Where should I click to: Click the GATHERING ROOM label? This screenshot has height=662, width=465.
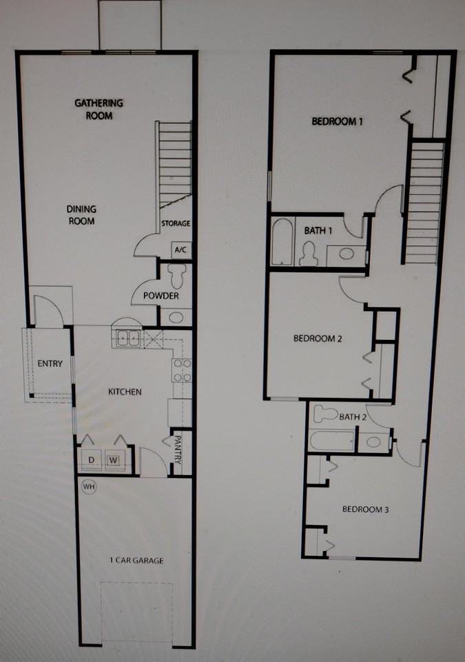[99, 109]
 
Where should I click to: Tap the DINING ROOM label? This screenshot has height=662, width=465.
[81, 215]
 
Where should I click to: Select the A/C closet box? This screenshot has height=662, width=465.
[180, 249]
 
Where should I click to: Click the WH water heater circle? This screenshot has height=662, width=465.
[88, 486]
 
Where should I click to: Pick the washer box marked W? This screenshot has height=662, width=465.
[113, 459]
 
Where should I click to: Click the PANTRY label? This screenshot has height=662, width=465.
[177, 448]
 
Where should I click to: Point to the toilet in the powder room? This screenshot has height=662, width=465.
[176, 276]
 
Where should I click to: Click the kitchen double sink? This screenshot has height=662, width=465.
[128, 338]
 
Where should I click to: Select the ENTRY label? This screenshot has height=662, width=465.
[50, 363]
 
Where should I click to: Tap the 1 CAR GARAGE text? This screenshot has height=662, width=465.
[136, 560]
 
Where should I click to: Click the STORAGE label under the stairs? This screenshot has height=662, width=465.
[176, 223]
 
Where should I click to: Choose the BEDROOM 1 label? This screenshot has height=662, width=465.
[337, 121]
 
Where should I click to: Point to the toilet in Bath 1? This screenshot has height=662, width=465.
[309, 254]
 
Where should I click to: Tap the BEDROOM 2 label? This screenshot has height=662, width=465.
[318, 339]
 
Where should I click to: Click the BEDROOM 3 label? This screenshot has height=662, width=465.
[366, 510]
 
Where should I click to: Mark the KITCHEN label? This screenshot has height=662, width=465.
[125, 392]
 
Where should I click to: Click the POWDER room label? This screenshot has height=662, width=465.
[161, 296]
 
